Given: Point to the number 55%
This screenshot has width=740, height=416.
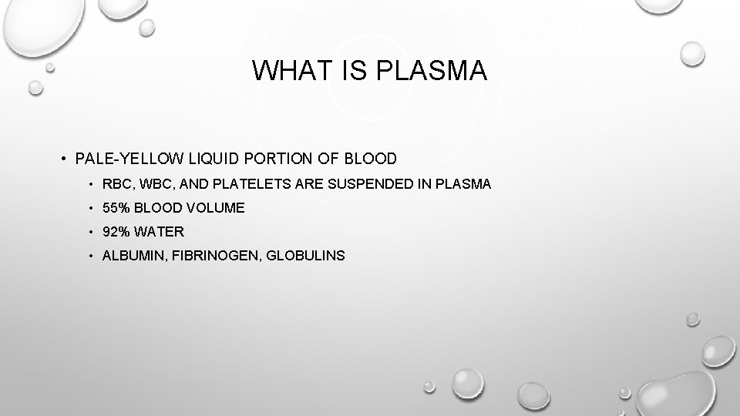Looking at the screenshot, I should click(x=117, y=207).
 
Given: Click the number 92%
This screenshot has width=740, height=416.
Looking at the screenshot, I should click(x=117, y=231).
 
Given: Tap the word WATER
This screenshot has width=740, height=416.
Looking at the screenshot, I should click(x=161, y=231).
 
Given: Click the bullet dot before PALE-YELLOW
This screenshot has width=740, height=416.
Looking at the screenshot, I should click(x=63, y=160).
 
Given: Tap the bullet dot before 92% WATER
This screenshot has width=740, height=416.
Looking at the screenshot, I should click(x=91, y=232).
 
